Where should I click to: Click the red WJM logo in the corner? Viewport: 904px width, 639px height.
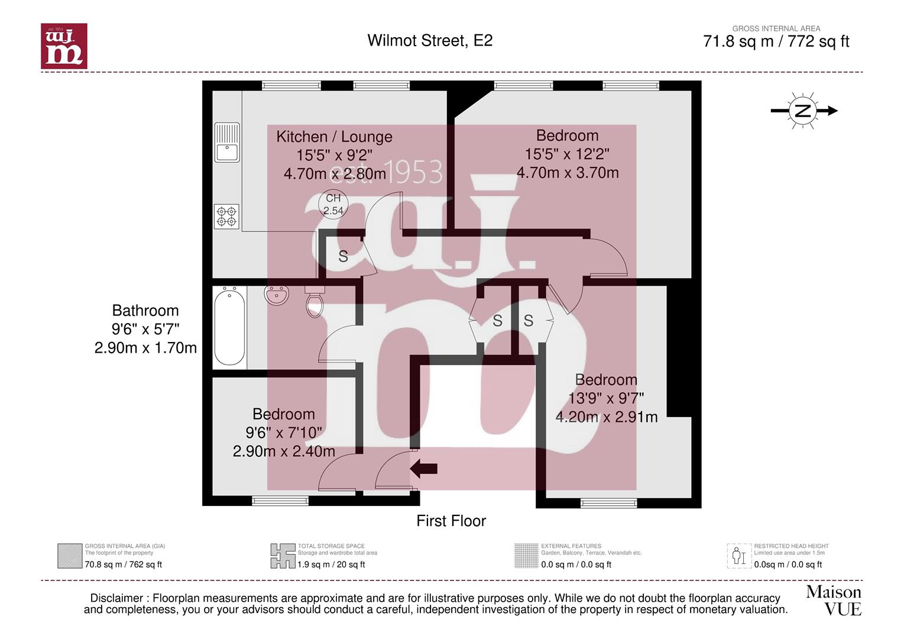64,46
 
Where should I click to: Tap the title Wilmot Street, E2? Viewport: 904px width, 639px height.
430,40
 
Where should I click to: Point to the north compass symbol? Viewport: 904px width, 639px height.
803,111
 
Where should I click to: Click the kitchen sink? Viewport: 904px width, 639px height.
227,143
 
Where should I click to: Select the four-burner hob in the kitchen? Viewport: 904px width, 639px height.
226,216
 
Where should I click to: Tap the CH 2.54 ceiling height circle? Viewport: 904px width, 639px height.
333,204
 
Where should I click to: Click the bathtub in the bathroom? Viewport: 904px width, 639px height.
229,327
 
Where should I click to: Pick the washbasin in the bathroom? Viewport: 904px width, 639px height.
277,295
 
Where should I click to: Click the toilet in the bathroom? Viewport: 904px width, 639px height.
315,301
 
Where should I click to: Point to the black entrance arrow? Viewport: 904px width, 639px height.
424,469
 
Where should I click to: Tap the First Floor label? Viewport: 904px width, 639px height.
451,521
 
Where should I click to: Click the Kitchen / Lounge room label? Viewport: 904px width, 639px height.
334,137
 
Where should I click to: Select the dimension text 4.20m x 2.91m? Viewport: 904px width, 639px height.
607,417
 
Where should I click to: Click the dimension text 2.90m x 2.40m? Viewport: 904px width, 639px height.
284,451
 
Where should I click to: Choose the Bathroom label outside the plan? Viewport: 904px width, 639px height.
145,310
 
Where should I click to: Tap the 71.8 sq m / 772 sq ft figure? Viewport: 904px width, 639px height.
776,41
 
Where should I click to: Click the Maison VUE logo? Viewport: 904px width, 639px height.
834,601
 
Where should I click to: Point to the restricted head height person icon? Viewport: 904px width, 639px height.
739,556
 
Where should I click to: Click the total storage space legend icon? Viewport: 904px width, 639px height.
283,556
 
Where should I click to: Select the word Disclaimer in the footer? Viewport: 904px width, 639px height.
116,598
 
